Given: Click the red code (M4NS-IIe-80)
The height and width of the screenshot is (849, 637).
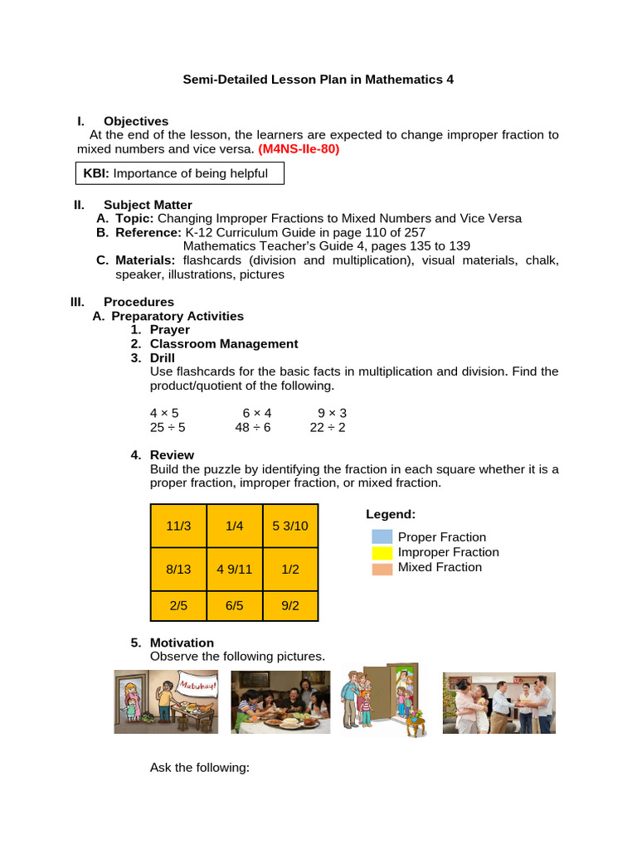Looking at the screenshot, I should (x=299, y=149).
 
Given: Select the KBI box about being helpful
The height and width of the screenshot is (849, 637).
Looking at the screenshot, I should (x=179, y=173).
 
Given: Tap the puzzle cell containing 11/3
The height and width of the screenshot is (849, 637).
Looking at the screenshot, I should (x=178, y=526).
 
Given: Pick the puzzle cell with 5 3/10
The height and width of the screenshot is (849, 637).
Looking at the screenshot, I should (x=290, y=526).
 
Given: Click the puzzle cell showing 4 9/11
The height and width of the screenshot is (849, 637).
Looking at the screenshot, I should (x=234, y=570).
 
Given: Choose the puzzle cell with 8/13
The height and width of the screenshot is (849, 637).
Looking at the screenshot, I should (x=178, y=570).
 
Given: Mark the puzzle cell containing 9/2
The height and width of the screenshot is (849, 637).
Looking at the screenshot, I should (x=290, y=606).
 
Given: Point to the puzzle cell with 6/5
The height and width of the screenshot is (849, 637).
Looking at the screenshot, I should (x=234, y=606).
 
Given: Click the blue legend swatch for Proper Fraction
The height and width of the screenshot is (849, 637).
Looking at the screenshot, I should (x=382, y=537).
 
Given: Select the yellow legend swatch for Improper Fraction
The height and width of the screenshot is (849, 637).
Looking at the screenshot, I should (x=382, y=552).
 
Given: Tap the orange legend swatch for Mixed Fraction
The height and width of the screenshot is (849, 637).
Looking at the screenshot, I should (x=382, y=569).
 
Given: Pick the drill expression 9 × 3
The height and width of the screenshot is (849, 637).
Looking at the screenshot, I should (x=333, y=412).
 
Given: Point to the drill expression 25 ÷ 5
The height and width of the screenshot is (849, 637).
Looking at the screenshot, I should (x=168, y=427).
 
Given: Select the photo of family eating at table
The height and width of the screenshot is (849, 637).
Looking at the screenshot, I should (x=280, y=702).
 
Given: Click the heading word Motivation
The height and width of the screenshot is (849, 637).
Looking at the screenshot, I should (x=182, y=643).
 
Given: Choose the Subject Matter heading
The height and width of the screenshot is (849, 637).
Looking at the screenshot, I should (x=148, y=205).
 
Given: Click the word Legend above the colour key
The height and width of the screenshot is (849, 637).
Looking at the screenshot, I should (x=390, y=514).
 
